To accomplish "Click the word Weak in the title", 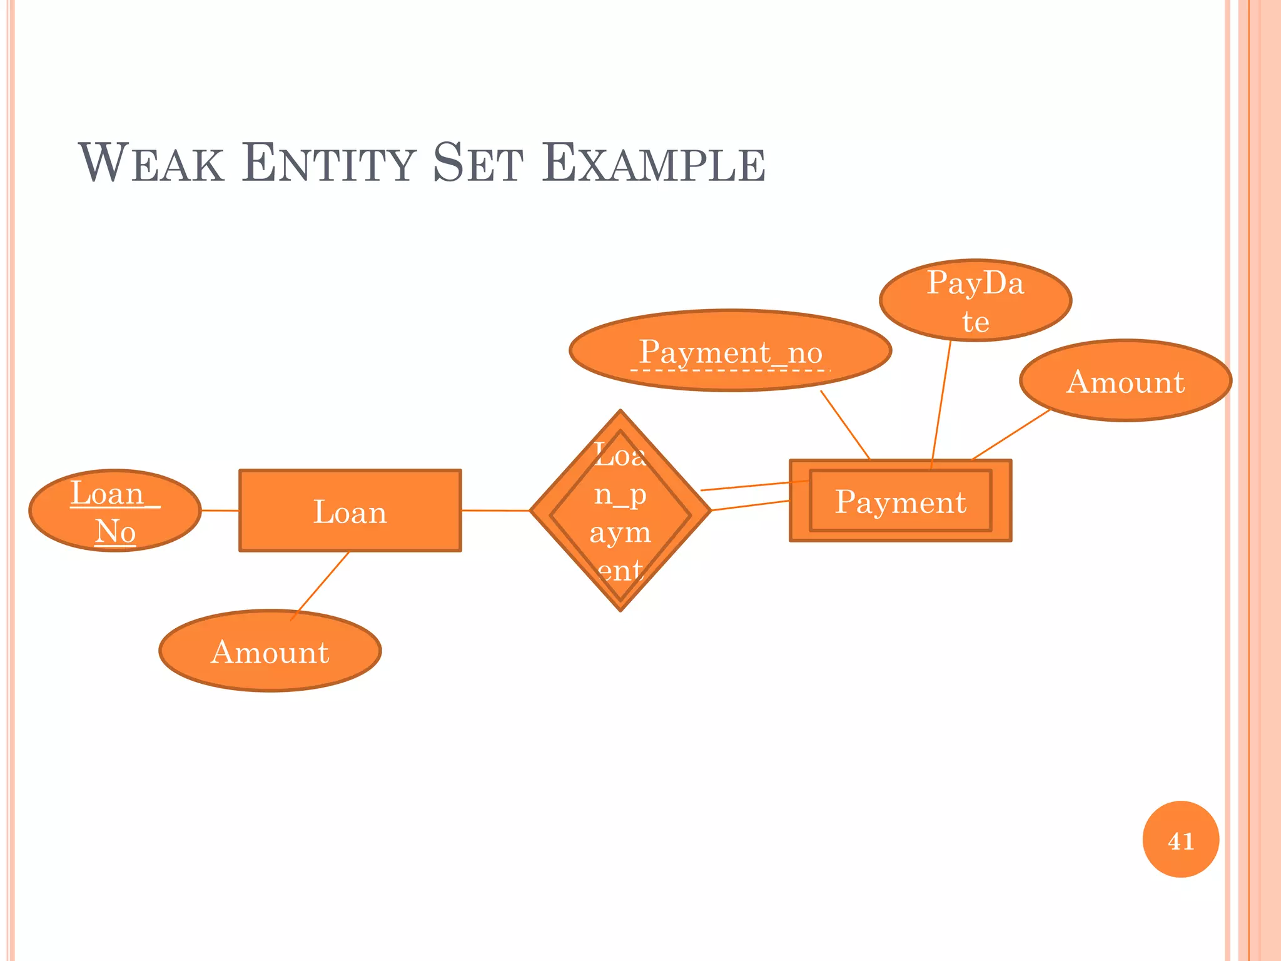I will click(151, 163).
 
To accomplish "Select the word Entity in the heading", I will click(329, 163).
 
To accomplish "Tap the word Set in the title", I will click(478, 163).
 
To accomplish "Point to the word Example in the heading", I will click(654, 163).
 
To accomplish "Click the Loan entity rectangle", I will click(350, 511).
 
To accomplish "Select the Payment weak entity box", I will click(900, 501).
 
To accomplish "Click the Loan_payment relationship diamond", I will click(620, 511).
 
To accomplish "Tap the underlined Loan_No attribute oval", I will click(115, 511).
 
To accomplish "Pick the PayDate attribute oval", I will click(975, 300).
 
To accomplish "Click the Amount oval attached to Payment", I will click(1125, 381).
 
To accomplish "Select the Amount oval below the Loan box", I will click(270, 651).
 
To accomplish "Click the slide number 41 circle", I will click(1180, 840).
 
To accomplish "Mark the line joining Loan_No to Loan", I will click(220, 511).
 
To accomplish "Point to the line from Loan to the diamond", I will click(495, 511).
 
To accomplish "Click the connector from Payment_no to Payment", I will click(845, 425).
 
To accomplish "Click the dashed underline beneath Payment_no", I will click(730, 370).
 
